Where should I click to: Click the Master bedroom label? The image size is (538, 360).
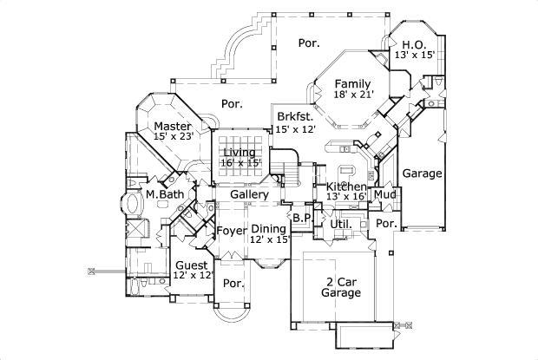tap(173, 127)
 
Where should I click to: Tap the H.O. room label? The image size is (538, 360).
tap(413, 43)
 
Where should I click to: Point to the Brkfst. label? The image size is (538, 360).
tap(293, 116)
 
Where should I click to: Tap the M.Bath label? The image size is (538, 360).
tap(164, 194)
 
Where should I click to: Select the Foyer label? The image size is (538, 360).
tap(231, 231)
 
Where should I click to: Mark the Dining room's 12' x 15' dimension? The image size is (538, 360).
tap(269, 239)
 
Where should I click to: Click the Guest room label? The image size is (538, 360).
tap(192, 265)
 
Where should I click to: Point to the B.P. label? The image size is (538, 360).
tap(301, 217)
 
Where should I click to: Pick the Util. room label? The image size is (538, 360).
tap(340, 224)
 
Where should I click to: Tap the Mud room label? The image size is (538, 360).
tap(384, 195)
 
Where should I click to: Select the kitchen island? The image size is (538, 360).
tap(348, 167)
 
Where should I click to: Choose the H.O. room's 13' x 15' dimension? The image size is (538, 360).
tap(414, 55)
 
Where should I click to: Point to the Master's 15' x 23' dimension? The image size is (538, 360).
tap(173, 137)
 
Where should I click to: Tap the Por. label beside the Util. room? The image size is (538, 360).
tap(384, 223)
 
